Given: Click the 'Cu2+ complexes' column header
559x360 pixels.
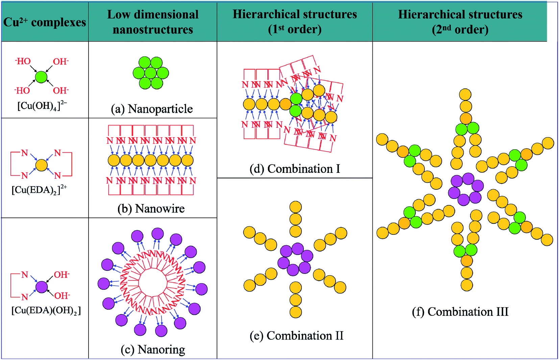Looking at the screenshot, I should [45, 22].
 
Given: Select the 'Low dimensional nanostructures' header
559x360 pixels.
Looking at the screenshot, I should [153, 22].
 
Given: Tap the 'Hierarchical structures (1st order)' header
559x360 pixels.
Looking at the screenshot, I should [295, 22].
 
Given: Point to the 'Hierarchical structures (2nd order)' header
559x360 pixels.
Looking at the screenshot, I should [460, 22].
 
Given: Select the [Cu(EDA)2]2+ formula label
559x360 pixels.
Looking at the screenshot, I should [39, 190].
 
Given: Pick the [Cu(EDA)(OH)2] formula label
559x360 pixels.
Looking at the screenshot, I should [46, 310].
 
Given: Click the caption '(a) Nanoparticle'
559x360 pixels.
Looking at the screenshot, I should [152, 109].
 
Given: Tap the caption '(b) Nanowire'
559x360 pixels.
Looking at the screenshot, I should [151, 208].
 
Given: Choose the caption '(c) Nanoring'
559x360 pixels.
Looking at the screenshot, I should [153, 349].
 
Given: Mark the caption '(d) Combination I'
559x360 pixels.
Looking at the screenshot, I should [295, 169].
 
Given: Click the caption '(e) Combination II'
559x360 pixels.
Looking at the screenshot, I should [296, 335].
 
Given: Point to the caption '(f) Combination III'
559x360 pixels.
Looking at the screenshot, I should [460, 311].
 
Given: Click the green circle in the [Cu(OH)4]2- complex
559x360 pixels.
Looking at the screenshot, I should [41, 77].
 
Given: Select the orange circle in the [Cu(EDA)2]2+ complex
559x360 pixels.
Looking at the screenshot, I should [41, 165].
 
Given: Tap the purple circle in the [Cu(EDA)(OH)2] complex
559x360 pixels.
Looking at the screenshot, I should [42, 287].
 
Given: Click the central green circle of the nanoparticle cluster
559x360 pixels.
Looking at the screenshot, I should [150, 73].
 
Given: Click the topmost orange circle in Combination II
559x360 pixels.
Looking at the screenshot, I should [295, 207].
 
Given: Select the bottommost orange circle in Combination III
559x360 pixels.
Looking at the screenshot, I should [467, 285].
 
